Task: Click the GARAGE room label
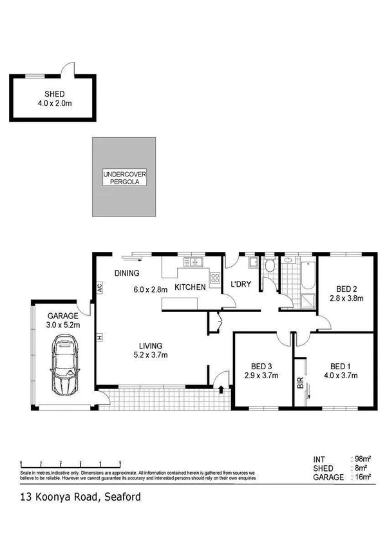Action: pos(62,316)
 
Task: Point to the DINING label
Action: pos(127,273)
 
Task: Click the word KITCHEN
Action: pos(190,287)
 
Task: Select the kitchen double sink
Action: pos(193,262)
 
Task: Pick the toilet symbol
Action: pos(270,265)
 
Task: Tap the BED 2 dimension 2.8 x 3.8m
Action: pos(346,298)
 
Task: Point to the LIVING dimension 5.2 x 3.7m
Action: pos(152,354)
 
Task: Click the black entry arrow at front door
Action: pos(221,389)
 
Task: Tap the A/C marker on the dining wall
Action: pos(100,289)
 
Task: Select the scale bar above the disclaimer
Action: pos(71,463)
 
